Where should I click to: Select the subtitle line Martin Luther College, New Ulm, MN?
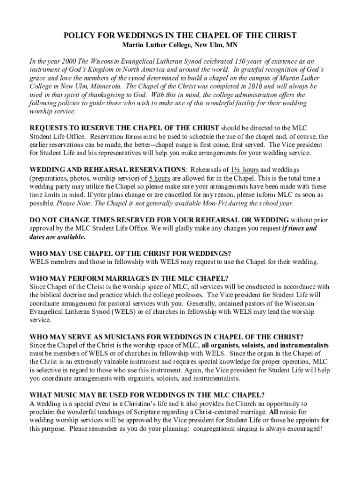(180, 46)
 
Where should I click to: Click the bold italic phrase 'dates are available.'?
(51, 237)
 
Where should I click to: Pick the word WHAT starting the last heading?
(41, 395)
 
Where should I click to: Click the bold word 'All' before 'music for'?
(274, 412)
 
